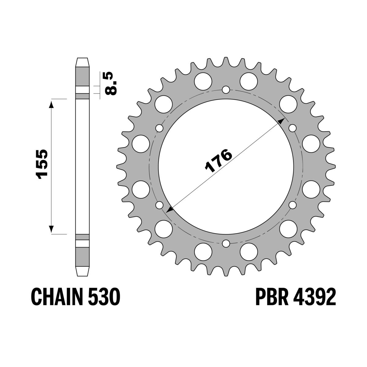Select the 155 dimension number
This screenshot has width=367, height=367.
(x=41, y=164)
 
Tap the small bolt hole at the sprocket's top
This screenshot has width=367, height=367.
(x=226, y=90)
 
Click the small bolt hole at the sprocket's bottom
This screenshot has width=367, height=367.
(x=226, y=243)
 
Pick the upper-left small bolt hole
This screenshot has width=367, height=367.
(x=159, y=128)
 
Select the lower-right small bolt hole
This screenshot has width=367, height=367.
(x=293, y=205)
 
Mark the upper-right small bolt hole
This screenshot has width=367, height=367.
(x=293, y=128)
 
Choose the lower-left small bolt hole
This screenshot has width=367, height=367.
(x=159, y=205)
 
